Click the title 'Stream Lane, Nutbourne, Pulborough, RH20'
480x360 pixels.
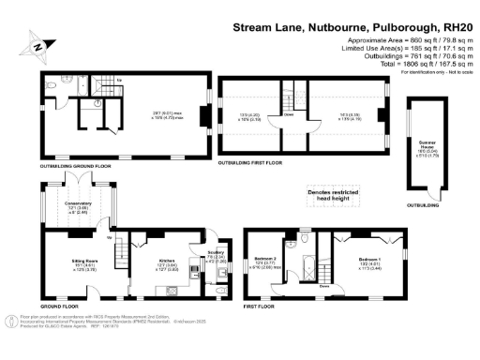click(348, 29)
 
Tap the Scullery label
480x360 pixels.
click(214, 252)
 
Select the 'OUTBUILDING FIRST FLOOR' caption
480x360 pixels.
click(254, 162)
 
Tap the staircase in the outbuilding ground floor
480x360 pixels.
click(90, 82)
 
